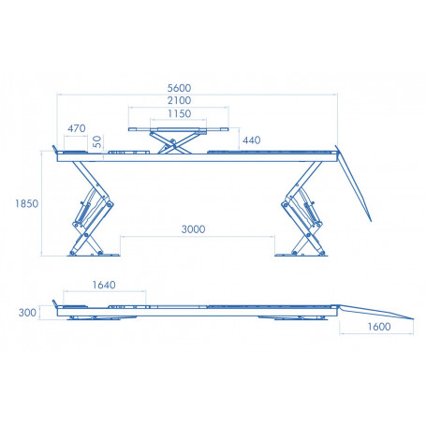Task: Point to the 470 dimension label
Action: click(78, 127)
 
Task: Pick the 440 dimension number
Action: click(251, 140)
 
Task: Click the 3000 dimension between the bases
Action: click(194, 229)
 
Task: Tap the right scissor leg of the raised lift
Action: click(301, 211)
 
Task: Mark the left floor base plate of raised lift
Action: click(90, 251)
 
